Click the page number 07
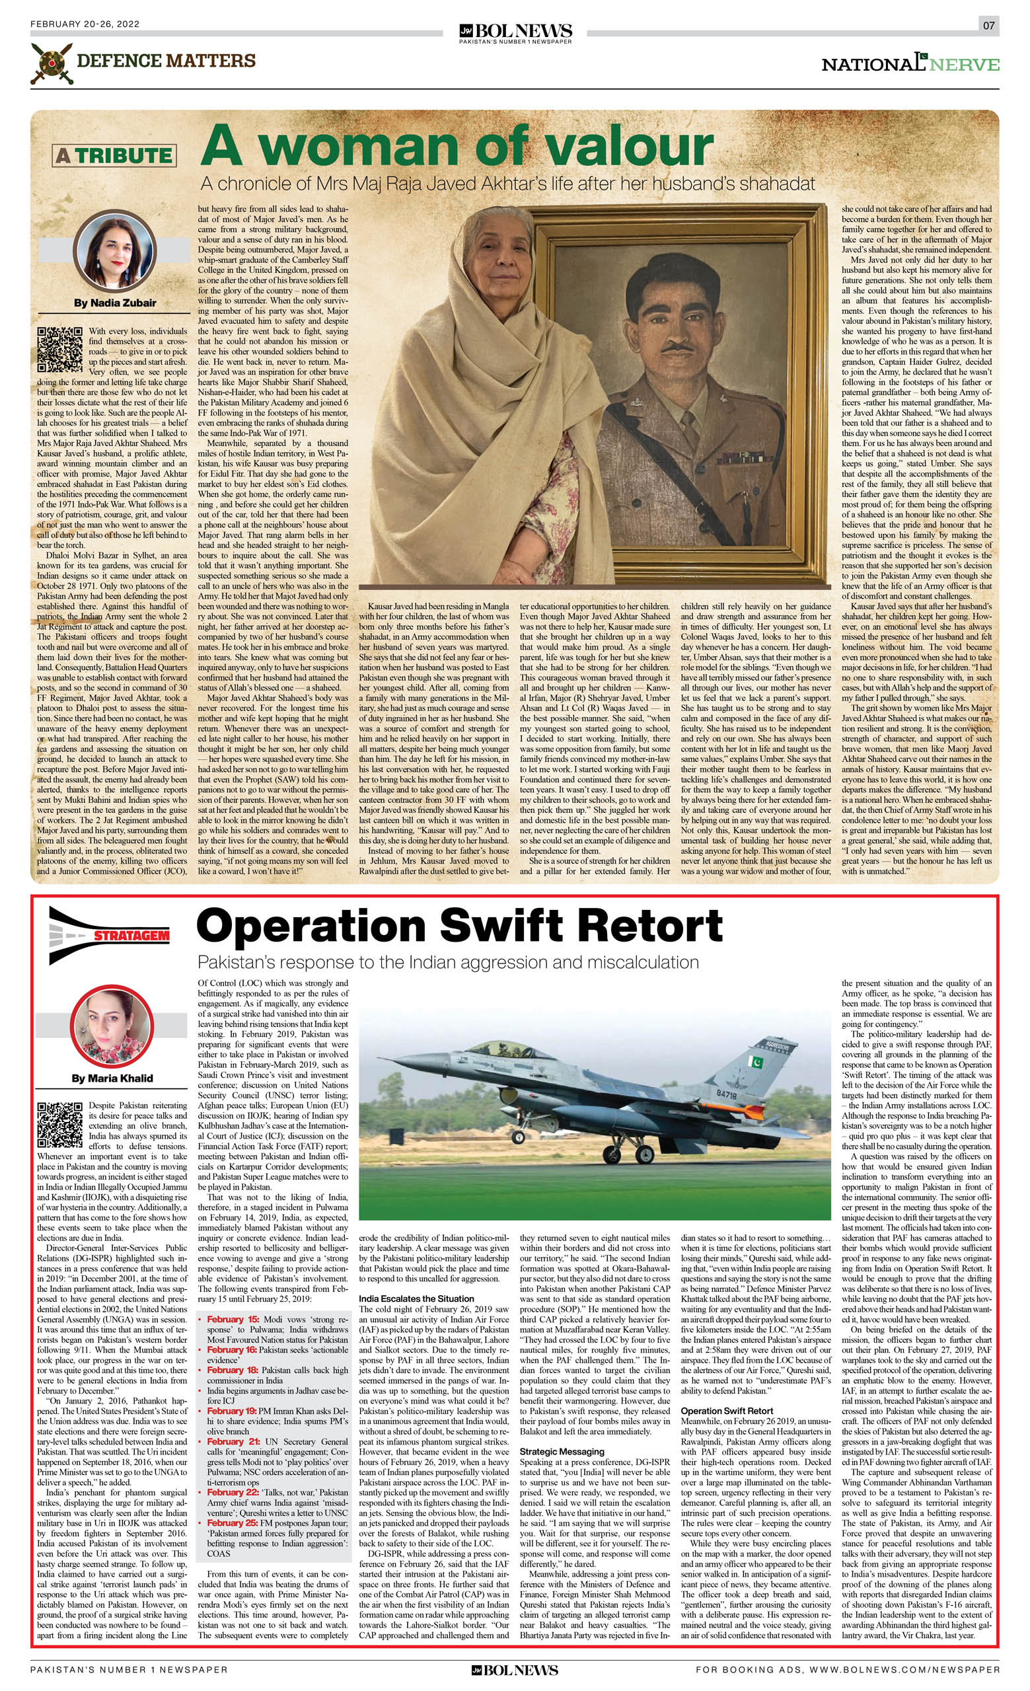[x=988, y=25]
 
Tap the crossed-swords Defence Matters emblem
[x=52, y=63]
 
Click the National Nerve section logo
[x=910, y=63]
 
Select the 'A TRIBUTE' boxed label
[x=114, y=155]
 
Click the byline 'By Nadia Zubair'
[x=114, y=303]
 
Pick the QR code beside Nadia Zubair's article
[x=59, y=350]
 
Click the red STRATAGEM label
[x=131, y=936]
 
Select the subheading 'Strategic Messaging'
[x=562, y=1452]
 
